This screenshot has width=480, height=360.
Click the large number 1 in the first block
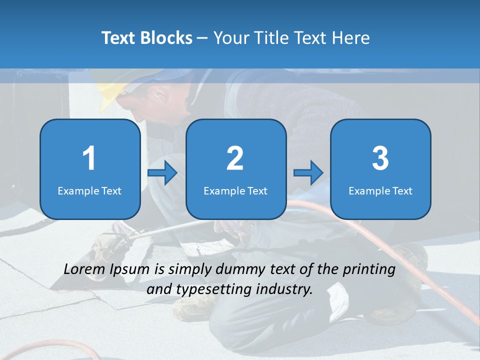tap(89, 158)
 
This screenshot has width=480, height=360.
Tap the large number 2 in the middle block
tap(235, 158)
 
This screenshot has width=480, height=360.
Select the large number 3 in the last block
tap(380, 158)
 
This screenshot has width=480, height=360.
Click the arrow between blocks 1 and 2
tap(162, 173)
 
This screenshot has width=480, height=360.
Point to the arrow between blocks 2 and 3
tap(308, 173)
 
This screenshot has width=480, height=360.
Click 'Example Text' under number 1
tap(89, 190)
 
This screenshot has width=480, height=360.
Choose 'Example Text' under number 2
tap(235, 190)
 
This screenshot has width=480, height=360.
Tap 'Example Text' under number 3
tap(380, 190)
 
